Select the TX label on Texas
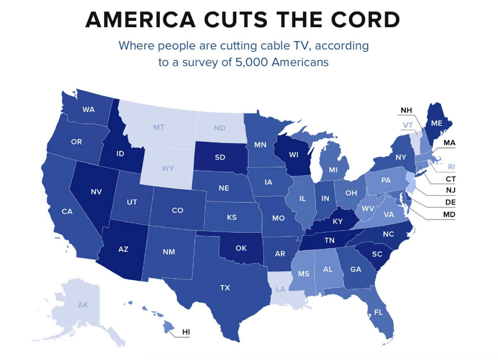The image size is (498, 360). (x=225, y=288)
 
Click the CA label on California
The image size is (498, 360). (x=67, y=211)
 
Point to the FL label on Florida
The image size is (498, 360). (x=379, y=312)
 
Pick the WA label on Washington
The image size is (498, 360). (x=89, y=109)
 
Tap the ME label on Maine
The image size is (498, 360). (x=437, y=123)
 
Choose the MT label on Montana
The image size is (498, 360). (x=159, y=126)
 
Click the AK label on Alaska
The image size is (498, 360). (x=83, y=305)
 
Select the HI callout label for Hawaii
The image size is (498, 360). (x=186, y=332)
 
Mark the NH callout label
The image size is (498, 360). (x=407, y=111)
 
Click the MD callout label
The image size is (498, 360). (x=449, y=215)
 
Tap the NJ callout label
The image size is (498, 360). (x=450, y=190)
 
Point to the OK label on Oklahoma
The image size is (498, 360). (x=241, y=248)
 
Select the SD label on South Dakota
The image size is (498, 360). (x=219, y=157)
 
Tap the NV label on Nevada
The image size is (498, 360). (x=96, y=191)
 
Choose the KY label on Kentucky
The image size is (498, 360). (x=338, y=221)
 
